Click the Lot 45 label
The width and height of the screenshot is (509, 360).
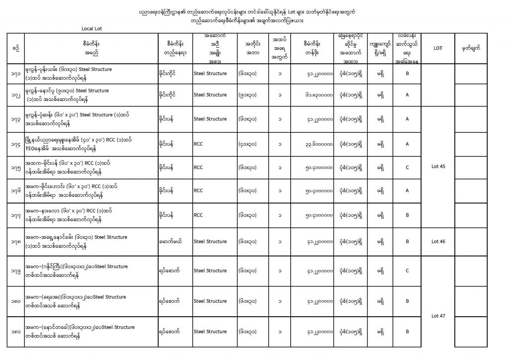coord(439,167)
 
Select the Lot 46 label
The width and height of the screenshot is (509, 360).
coord(439,241)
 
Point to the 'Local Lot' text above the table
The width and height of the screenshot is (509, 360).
coord(92,28)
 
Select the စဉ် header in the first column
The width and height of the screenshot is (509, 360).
coord(16,48)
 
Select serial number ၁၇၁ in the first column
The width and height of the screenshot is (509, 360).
coord(16,74)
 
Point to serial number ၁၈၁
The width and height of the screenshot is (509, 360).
coord(16,331)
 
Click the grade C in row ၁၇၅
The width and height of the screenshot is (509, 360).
coord(407,167)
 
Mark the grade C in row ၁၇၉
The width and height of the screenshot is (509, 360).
coord(407,271)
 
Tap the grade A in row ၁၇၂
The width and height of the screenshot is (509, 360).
coord(407,94)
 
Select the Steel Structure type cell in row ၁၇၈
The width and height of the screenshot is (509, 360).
coord(210,241)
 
